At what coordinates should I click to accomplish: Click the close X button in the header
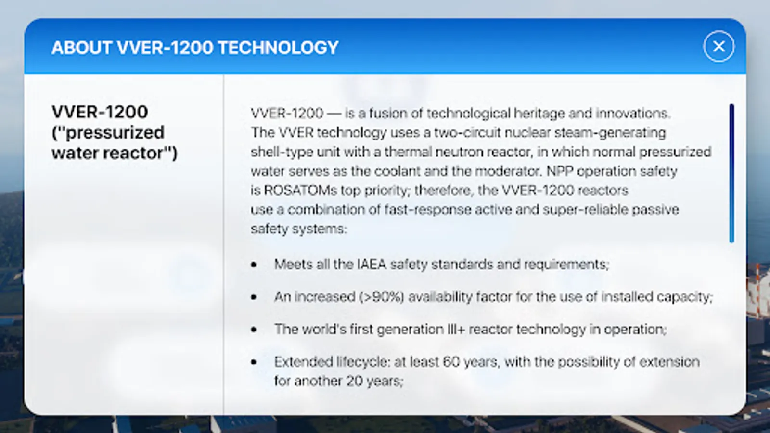pos(719,46)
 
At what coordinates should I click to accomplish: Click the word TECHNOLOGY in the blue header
pos(279,48)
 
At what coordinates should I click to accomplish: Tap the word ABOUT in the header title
pos(81,48)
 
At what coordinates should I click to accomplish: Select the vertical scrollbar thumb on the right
pos(731,173)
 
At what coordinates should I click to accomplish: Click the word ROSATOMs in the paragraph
pos(300,190)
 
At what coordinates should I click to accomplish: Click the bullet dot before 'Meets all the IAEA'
pos(254,264)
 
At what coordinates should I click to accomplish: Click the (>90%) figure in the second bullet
pos(382,296)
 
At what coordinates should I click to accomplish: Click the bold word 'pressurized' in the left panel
pos(115,133)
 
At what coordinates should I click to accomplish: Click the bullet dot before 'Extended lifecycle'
pos(254,362)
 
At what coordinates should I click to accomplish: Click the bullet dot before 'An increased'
pos(254,297)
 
